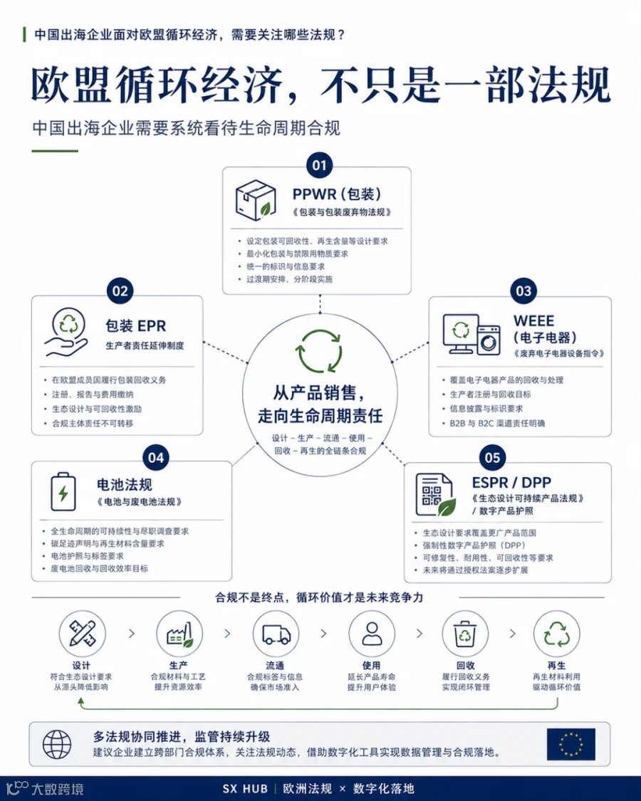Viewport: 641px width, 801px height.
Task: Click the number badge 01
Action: [x=320, y=165]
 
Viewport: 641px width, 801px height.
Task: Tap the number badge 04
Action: [x=156, y=458]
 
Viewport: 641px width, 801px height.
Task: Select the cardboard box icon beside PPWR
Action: [x=256, y=200]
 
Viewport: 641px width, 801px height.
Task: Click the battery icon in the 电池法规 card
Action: [x=63, y=491]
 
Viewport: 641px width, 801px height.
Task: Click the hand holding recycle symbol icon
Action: [x=67, y=332]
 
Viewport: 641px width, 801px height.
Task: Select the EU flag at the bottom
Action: [x=571, y=744]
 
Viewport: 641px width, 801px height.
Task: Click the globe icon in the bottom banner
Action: [x=57, y=744]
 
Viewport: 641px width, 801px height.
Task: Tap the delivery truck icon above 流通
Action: [x=276, y=634]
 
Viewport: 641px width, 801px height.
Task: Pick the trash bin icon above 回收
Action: [x=465, y=634]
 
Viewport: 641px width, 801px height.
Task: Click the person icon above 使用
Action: [x=372, y=634]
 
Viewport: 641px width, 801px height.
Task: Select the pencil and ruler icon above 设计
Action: [x=83, y=634]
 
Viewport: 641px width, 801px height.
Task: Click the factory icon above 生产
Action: [x=179, y=634]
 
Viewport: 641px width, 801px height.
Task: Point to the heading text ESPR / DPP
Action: [x=511, y=482]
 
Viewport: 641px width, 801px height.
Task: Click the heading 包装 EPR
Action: [x=135, y=326]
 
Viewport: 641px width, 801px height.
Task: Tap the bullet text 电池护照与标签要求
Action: [x=87, y=556]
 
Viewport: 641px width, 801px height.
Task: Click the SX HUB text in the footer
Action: [x=245, y=789]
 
